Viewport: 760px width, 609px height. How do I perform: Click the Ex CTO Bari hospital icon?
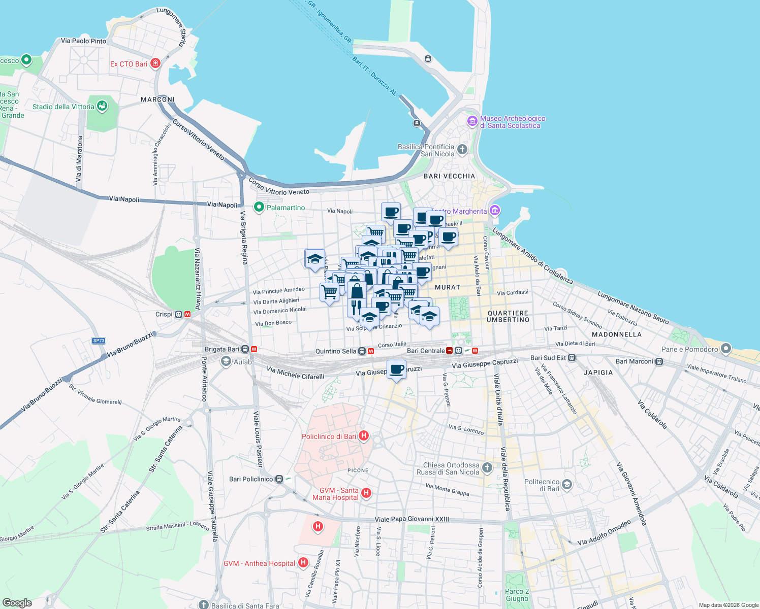pos(155,63)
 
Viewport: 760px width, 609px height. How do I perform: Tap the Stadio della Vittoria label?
pos(64,107)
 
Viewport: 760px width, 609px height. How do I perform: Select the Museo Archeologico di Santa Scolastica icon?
pos(472,121)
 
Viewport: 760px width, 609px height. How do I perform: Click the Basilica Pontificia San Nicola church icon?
pos(462,149)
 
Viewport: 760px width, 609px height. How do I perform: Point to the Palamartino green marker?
pos(259,207)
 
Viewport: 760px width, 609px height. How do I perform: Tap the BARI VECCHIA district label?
pos(449,176)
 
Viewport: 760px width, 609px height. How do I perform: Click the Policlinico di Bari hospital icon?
pos(363,436)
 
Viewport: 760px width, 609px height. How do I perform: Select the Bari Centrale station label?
pos(426,351)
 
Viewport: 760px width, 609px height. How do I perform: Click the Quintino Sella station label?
pos(336,351)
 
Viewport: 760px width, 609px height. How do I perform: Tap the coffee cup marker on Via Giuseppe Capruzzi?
pos(397,369)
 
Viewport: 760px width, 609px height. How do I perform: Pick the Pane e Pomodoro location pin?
pos(726,349)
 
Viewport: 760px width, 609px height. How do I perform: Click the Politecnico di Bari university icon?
pos(567,485)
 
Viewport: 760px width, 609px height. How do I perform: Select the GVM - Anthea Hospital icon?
pos(303,562)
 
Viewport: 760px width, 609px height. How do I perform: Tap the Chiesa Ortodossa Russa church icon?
pos(487,467)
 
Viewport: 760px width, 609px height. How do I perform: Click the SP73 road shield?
pos(99,341)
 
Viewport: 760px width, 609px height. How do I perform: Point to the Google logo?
pos(17,602)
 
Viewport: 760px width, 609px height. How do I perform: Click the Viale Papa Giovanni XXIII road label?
pos(411,519)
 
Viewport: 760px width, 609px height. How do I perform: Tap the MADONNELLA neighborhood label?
pos(616,334)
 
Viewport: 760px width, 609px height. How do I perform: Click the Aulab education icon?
pos(226,361)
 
